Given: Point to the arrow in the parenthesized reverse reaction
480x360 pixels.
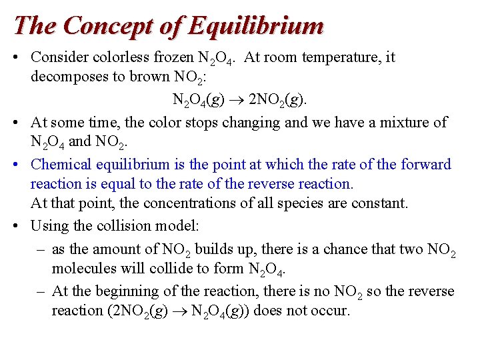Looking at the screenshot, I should tap(181, 311).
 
